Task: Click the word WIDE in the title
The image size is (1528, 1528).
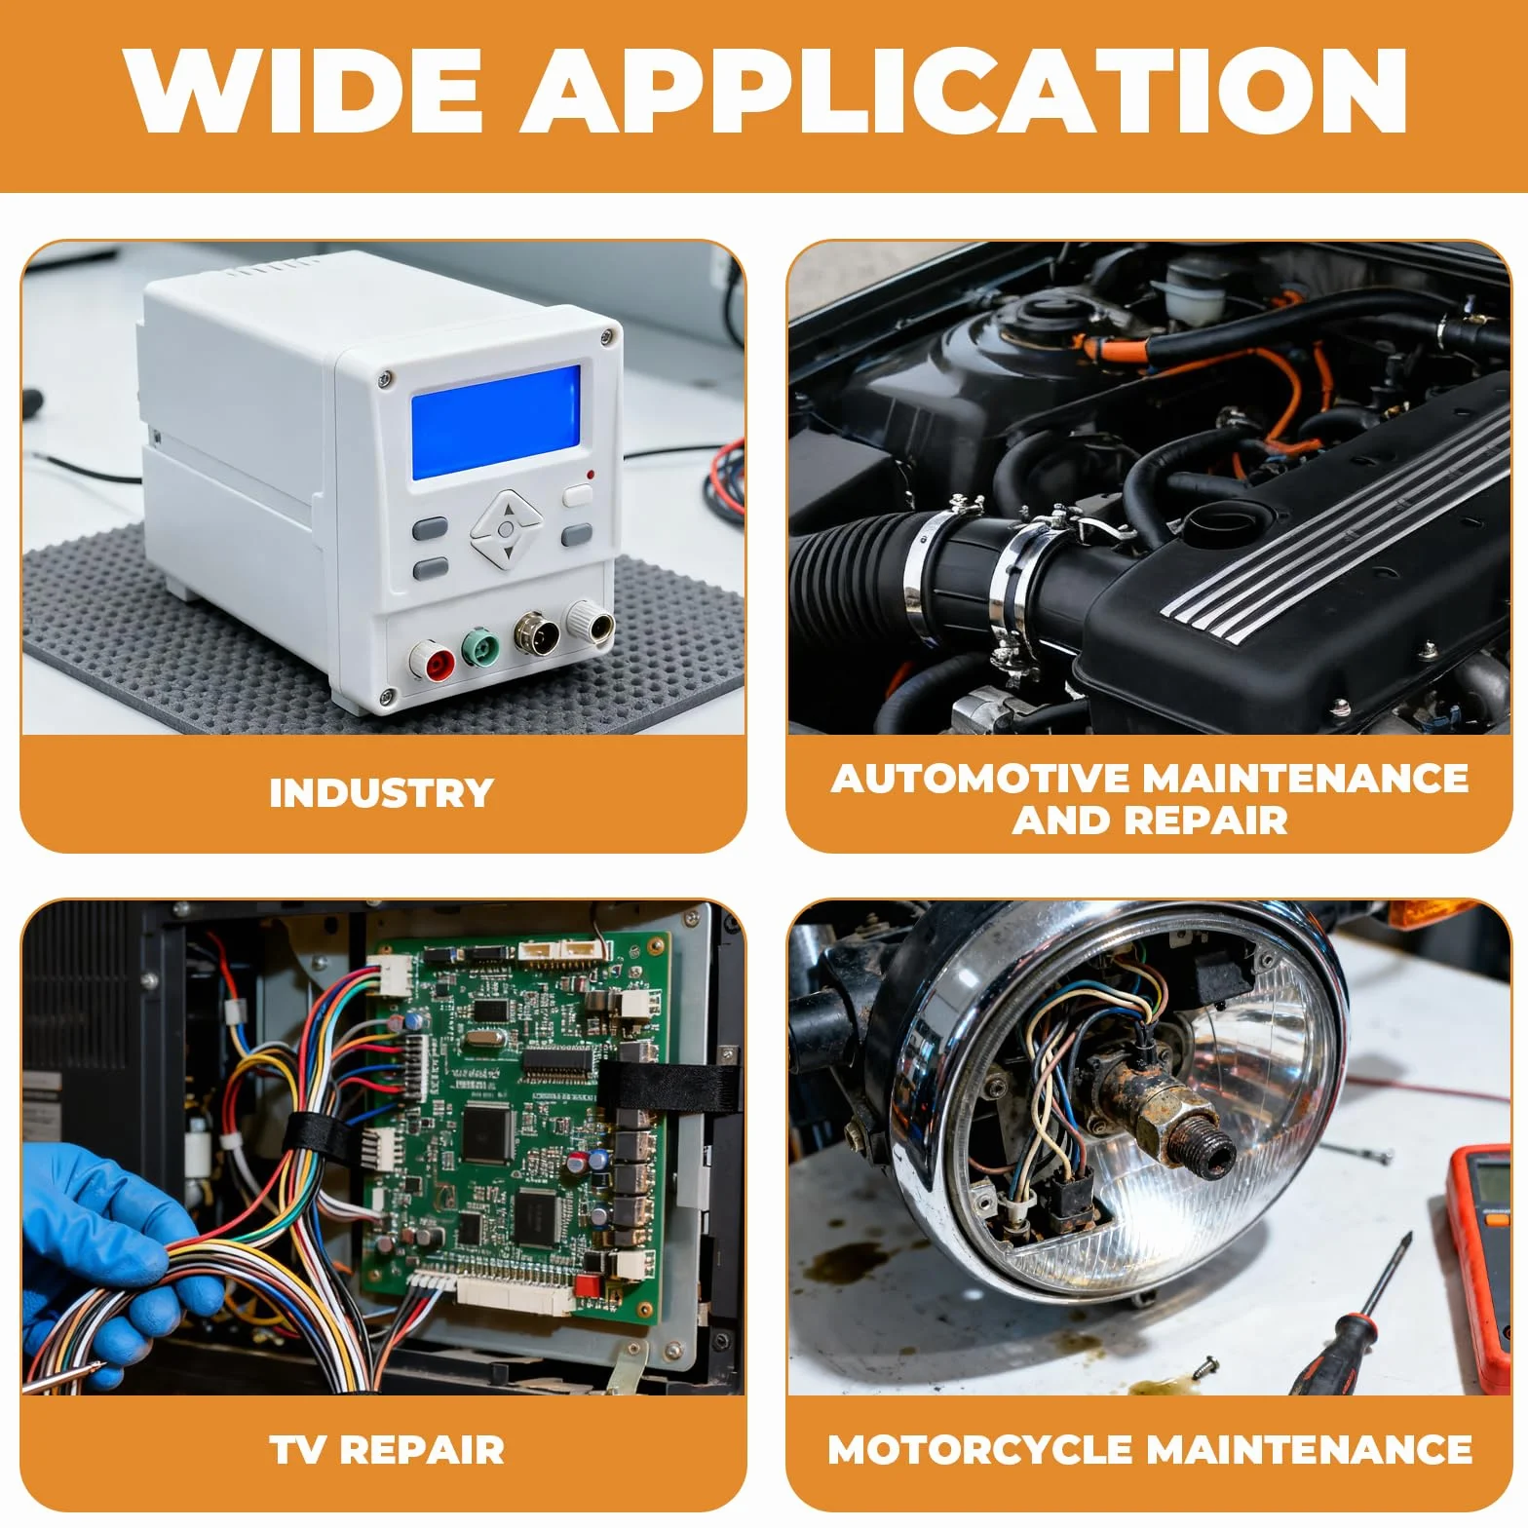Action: (303, 90)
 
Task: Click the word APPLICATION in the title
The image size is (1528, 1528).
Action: (963, 90)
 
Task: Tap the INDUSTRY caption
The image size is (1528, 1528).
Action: (382, 793)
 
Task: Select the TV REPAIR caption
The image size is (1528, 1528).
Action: (387, 1450)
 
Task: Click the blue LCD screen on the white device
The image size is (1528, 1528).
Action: (496, 421)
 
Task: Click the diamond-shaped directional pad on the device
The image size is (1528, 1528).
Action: (505, 529)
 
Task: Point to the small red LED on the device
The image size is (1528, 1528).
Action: (590, 475)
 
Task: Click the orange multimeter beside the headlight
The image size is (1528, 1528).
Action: (1479, 1267)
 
